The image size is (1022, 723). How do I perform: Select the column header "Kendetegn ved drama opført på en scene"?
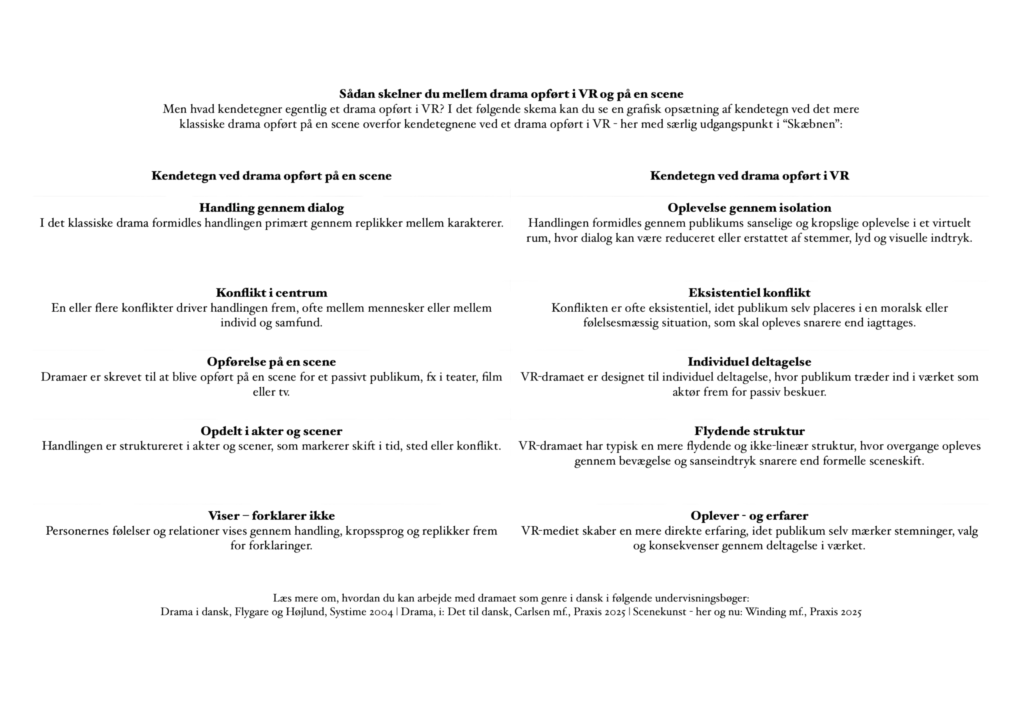(272, 176)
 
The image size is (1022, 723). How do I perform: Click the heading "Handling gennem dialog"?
(272, 208)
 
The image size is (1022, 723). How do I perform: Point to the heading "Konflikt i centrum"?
(272, 293)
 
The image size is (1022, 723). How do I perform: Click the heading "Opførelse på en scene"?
(272, 362)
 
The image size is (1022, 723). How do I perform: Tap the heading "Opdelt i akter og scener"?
(272, 431)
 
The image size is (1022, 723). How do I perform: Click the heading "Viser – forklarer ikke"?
(272, 516)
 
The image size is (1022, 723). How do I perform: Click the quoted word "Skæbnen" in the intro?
(814, 125)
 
